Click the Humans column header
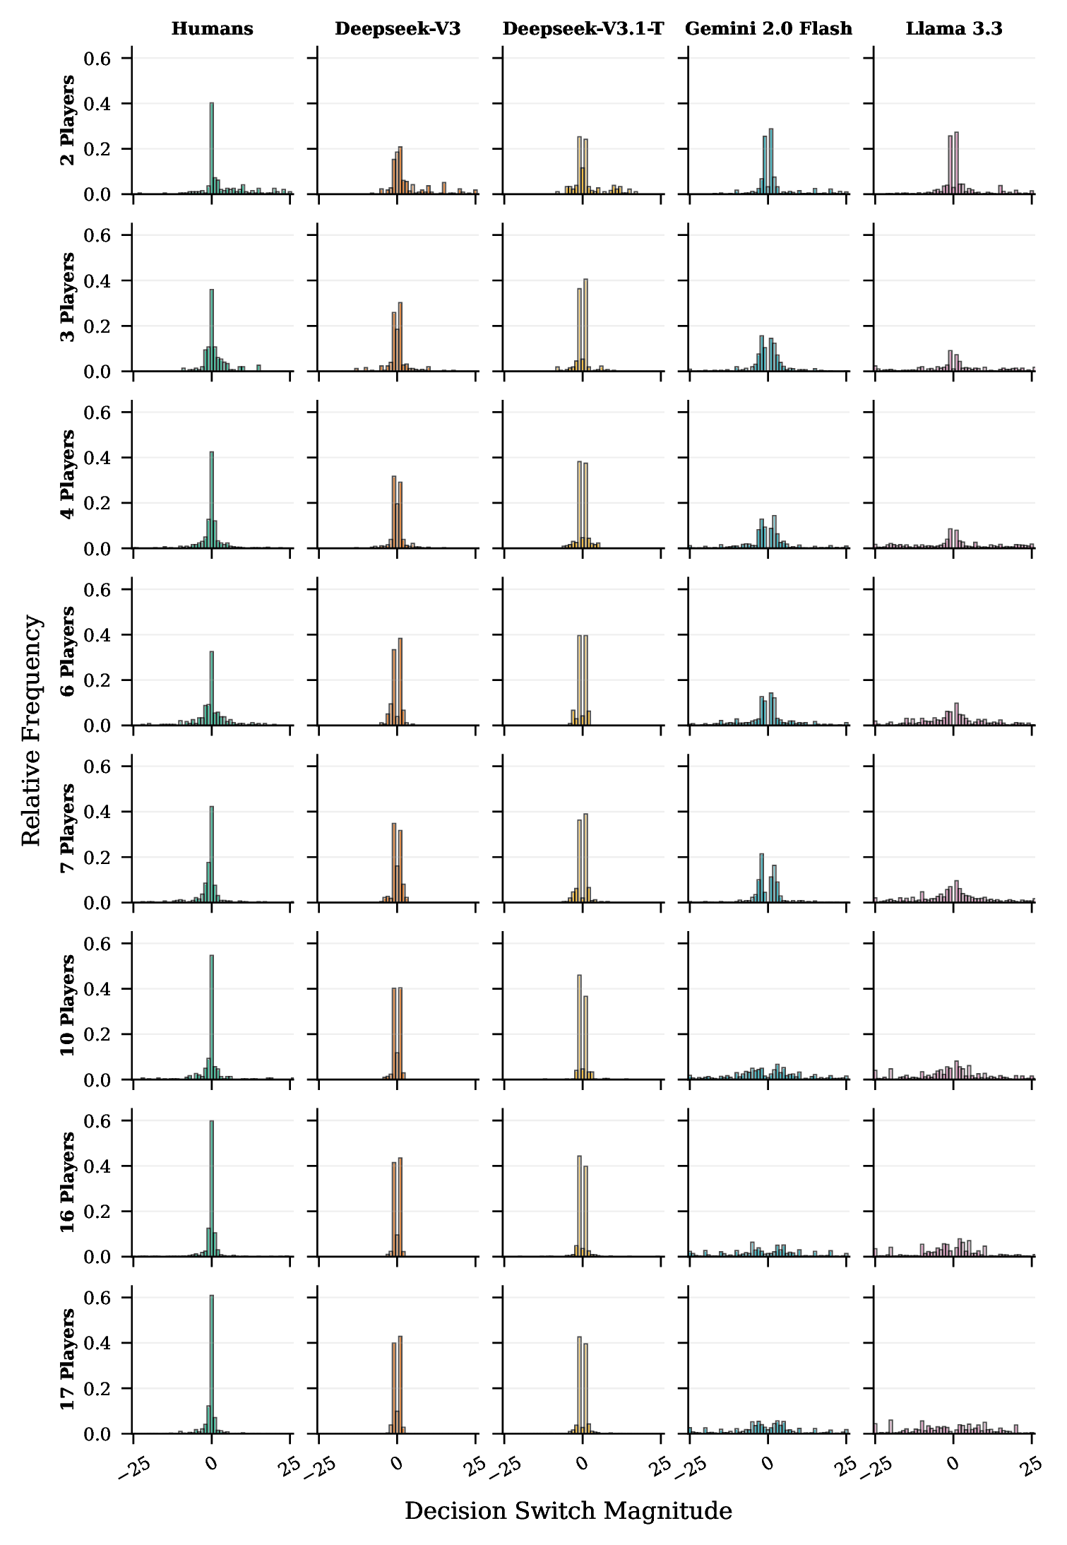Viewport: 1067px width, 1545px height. pyautogui.click(x=212, y=29)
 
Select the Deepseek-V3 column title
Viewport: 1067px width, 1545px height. pyautogui.click(x=398, y=29)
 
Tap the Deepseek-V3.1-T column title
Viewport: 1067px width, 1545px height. pyautogui.click(x=583, y=29)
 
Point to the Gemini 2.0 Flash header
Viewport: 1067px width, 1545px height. pyautogui.click(x=768, y=29)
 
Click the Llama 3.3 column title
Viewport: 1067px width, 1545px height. pyautogui.click(x=954, y=29)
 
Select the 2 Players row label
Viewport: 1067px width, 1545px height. pyautogui.click(x=68, y=120)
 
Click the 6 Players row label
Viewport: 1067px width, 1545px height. pyautogui.click(x=68, y=651)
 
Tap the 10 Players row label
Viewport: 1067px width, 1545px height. pyautogui.click(x=68, y=1005)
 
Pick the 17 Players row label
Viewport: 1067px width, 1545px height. pyautogui.click(x=68, y=1359)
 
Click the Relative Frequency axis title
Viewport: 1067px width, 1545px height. pyautogui.click(x=32, y=730)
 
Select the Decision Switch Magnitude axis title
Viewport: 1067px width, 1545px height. pyautogui.click(x=568, y=1510)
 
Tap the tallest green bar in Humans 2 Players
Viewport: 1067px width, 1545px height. pyautogui.click(x=212, y=148)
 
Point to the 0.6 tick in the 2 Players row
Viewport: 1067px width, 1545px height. pyautogui.click(x=97, y=59)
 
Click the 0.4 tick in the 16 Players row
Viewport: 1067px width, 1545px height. pyautogui.click(x=97, y=1166)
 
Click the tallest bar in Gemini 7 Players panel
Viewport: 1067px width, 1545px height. pyautogui.click(x=761, y=878)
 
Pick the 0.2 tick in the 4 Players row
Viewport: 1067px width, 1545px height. pyautogui.click(x=97, y=504)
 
